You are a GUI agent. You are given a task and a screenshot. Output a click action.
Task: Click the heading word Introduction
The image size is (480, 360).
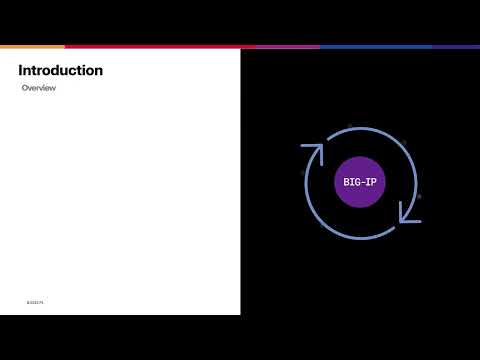(60, 71)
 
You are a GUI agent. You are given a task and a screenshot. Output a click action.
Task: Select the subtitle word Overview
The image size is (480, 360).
(39, 88)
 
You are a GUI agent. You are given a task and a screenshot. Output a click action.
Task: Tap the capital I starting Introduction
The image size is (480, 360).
(20, 71)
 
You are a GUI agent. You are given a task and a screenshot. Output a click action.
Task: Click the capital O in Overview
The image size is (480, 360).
(25, 88)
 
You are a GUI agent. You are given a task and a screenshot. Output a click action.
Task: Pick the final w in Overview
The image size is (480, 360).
(53, 88)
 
